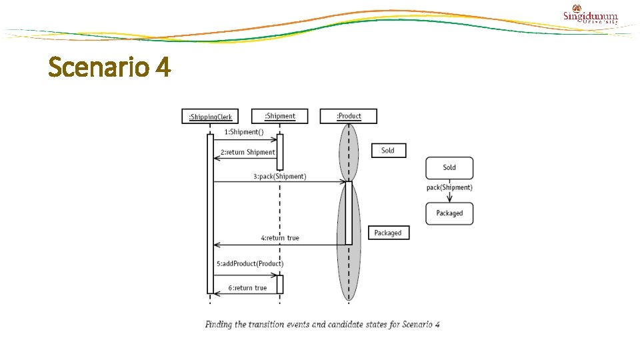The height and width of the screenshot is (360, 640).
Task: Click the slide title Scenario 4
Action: (110, 67)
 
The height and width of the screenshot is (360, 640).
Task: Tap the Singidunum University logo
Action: (591, 16)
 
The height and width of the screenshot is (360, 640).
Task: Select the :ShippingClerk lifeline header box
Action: (210, 117)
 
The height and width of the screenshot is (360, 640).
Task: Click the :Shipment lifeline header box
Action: (280, 116)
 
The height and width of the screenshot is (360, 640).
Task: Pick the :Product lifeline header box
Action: (348, 116)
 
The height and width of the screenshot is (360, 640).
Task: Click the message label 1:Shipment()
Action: (243, 132)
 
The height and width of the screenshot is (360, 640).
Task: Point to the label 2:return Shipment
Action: (247, 152)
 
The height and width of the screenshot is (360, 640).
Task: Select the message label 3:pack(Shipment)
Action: (279, 177)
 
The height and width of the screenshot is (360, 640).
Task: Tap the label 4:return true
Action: (280, 238)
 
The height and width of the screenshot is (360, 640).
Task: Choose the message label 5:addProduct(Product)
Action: (250, 264)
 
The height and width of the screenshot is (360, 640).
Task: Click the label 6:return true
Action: (247, 288)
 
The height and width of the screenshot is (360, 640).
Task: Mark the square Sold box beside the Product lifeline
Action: (388, 151)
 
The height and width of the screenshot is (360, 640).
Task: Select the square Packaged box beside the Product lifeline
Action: (388, 233)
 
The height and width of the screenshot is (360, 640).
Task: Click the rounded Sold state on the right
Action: (449, 167)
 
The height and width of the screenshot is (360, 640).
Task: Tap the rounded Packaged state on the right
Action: (449, 213)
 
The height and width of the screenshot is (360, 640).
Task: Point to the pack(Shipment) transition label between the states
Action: (449, 187)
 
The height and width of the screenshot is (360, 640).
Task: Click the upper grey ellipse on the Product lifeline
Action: (349, 152)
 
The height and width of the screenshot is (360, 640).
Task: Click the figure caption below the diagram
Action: (323, 325)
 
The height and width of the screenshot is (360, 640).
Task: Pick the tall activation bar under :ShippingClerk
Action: (210, 213)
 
